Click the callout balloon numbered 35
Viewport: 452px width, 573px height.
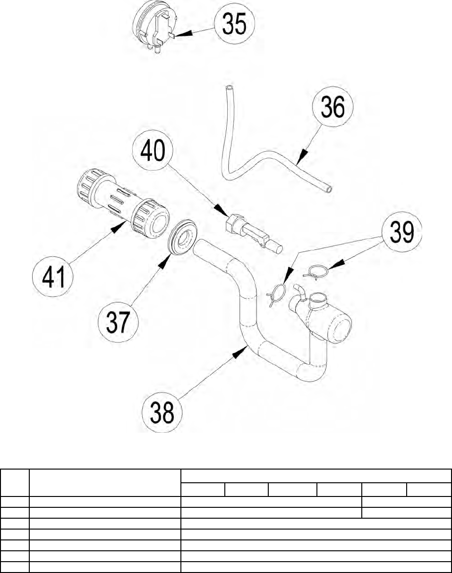[x=235, y=24]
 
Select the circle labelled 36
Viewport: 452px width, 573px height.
[x=333, y=106]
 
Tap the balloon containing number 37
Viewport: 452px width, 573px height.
[x=118, y=322]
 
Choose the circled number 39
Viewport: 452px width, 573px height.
[x=402, y=232]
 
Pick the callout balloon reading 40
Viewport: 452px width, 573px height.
[x=153, y=150]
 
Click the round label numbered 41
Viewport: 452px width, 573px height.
[x=53, y=277]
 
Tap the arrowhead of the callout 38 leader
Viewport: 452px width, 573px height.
[x=240, y=352]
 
